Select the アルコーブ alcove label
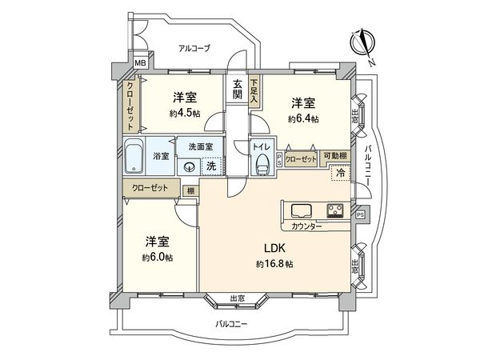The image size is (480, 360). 194,48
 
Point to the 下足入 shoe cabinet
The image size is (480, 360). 254,86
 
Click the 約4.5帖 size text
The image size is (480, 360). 184,114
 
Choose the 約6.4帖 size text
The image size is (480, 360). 303,118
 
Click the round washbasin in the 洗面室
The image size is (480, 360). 190,167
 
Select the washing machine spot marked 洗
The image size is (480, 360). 211,166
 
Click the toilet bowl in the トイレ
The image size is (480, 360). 261,165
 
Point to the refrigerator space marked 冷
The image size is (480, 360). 340,173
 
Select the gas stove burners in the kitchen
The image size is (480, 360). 335,212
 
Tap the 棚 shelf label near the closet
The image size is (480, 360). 190,190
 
